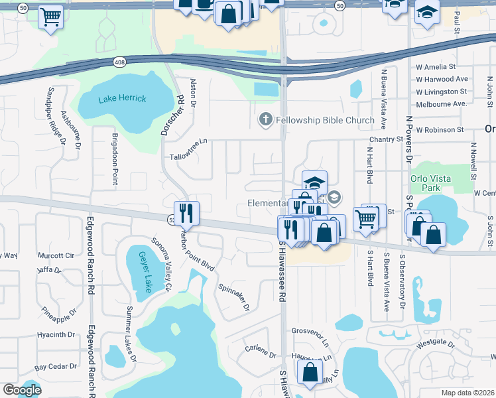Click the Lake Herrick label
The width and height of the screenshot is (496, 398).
coord(122,99)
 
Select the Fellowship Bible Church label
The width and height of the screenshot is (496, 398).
coord(325,121)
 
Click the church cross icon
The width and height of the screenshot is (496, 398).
coord(265,120)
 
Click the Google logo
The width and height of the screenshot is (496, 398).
coord(22,390)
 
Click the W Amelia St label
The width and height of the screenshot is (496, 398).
coord(436,67)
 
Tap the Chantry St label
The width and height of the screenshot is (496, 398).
coord(386,139)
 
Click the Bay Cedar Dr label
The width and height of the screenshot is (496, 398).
coord(56,366)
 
